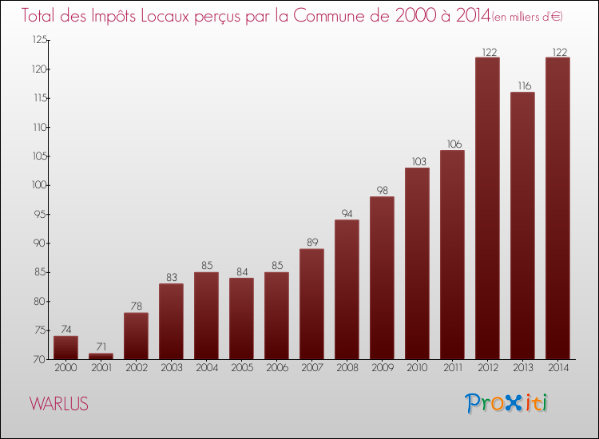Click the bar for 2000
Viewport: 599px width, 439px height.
pos(65,347)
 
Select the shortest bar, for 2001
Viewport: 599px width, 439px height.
pos(101,356)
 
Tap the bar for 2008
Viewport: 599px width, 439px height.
pos(347,289)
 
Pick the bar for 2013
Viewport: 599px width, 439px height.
pos(522,226)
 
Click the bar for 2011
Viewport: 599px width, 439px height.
pos(452,255)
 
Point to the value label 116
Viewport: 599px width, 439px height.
pos(522,85)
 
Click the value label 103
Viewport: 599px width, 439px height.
pos(417,160)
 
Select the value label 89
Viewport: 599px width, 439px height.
pos(311,242)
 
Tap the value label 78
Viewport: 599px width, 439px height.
pos(136,306)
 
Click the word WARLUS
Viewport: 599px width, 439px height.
pos(59,404)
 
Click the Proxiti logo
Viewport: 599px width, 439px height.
pos(506,403)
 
